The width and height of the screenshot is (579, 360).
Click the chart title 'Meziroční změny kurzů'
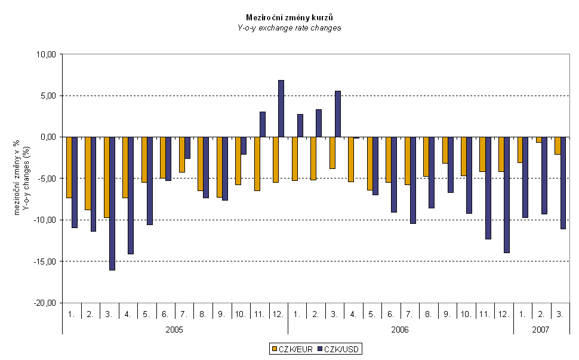click(x=289, y=17)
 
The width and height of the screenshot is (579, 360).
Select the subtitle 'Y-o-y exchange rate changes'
click(x=289, y=27)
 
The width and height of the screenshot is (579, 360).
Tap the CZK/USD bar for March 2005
click(x=112, y=204)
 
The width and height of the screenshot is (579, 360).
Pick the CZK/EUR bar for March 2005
click(x=106, y=177)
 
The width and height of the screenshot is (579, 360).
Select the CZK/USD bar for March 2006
click(x=337, y=114)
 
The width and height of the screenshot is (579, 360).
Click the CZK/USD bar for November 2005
click(x=262, y=124)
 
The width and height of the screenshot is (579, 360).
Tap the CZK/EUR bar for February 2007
click(x=538, y=140)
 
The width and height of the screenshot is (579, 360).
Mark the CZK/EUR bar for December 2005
click(x=275, y=159)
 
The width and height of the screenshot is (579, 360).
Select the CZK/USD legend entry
click(x=339, y=349)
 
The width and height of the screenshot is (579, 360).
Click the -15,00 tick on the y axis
click(x=45, y=261)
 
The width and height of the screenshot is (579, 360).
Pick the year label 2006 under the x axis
click(x=400, y=329)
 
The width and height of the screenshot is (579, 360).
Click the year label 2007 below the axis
click(x=541, y=329)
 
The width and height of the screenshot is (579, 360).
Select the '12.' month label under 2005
click(x=278, y=313)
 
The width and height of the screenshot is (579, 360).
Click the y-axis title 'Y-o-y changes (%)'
click(x=28, y=179)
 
